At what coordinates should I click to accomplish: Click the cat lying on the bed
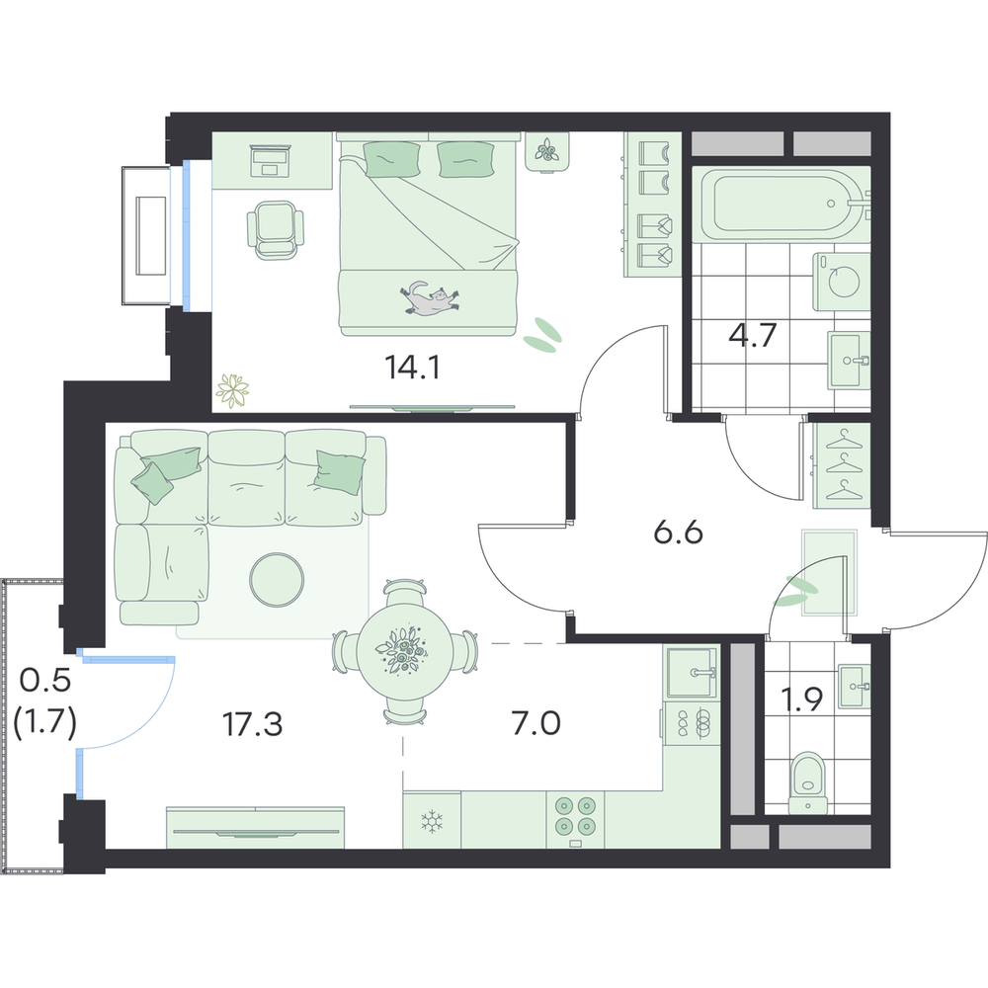pyautogui.click(x=429, y=297)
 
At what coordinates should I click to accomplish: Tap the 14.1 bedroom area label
pyautogui.click(x=412, y=367)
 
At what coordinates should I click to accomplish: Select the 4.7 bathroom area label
pyautogui.click(x=752, y=335)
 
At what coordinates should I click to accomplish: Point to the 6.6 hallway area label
pyautogui.click(x=678, y=534)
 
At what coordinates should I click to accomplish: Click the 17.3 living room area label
pyautogui.click(x=253, y=724)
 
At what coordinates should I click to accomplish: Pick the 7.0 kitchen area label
pyautogui.click(x=535, y=723)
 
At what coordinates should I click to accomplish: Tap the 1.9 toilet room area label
pyautogui.click(x=801, y=699)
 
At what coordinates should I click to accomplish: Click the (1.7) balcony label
pyautogui.click(x=44, y=722)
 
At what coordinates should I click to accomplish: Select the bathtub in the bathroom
pyautogui.click(x=782, y=205)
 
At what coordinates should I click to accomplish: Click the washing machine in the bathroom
pyautogui.click(x=842, y=282)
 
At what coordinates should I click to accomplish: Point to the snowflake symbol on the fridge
pyautogui.click(x=432, y=821)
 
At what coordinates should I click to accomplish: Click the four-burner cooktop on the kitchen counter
pyautogui.click(x=575, y=820)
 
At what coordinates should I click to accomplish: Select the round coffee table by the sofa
pyautogui.click(x=277, y=580)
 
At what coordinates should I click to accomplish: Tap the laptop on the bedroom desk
pyautogui.click(x=271, y=161)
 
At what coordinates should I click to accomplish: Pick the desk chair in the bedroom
pyautogui.click(x=275, y=229)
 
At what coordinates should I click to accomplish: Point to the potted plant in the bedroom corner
pyautogui.click(x=232, y=390)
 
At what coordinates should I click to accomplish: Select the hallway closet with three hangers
pyautogui.click(x=842, y=465)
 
